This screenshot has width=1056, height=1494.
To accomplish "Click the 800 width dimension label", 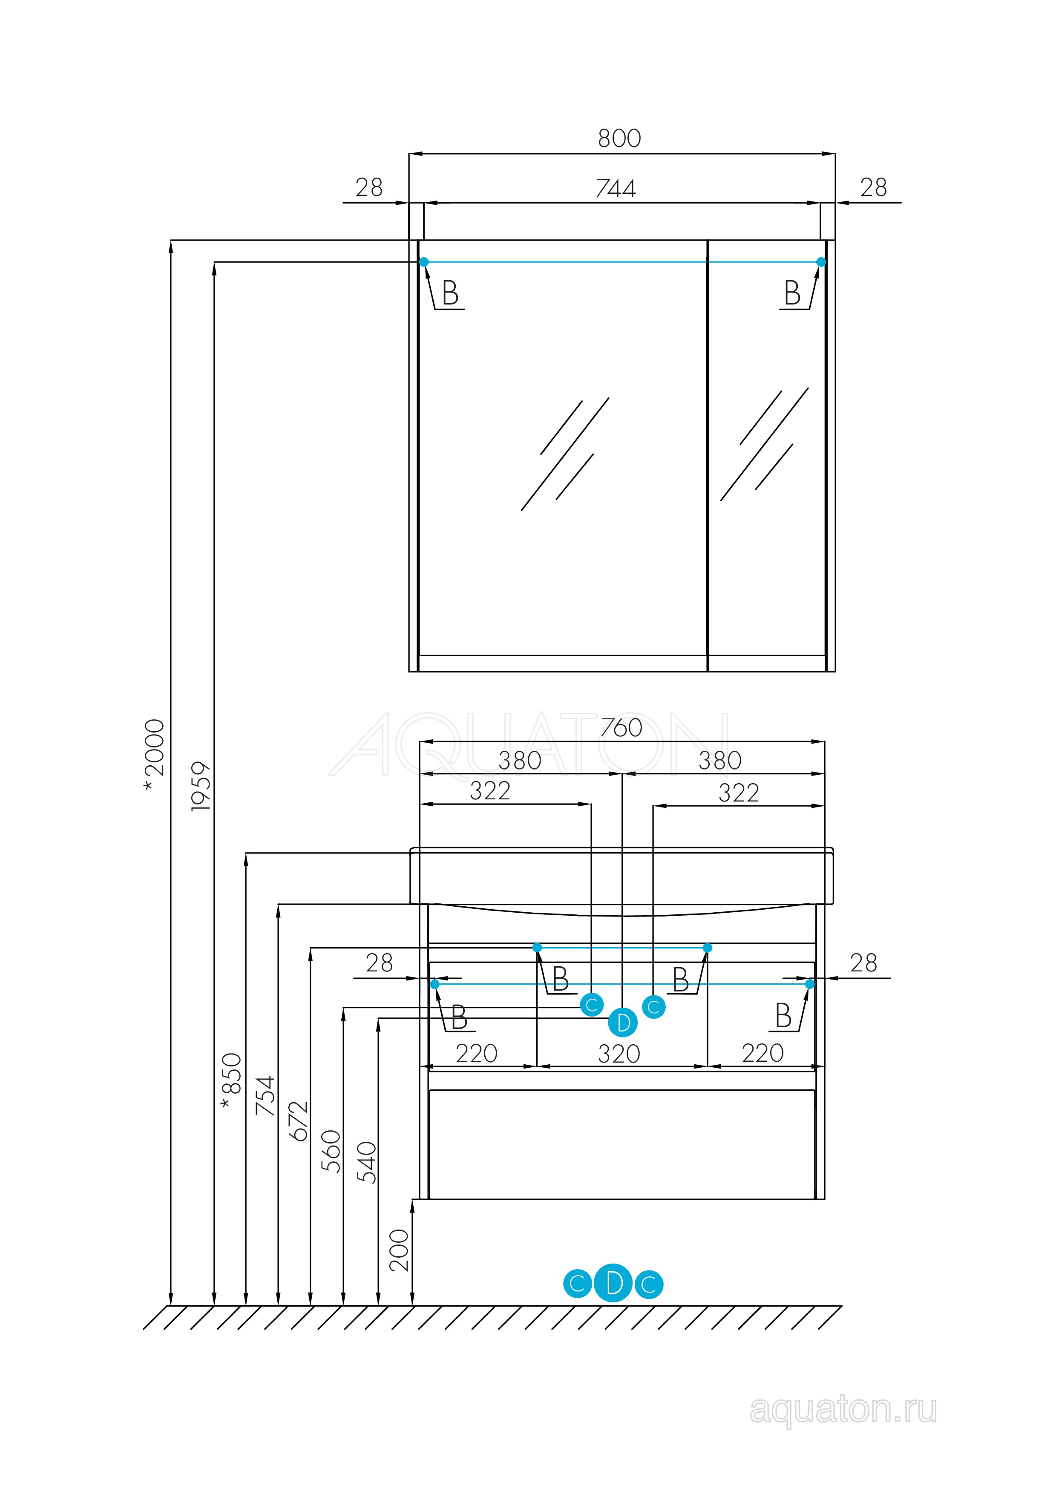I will (x=619, y=138).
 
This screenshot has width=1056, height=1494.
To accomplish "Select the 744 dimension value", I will (x=616, y=188).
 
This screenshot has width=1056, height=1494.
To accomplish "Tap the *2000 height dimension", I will (x=155, y=756).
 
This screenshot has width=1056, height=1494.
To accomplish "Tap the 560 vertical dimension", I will (x=331, y=1151).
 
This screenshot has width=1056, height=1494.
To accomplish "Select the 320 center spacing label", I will (x=619, y=1054).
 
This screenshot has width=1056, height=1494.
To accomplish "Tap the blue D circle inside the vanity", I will (x=623, y=1023).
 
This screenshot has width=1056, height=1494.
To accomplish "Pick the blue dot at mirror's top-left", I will (x=424, y=261).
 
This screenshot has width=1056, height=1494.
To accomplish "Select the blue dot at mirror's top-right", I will (x=821, y=261).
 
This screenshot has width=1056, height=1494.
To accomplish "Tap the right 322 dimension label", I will (x=739, y=793).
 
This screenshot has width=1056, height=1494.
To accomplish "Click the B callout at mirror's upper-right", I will (x=792, y=293).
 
